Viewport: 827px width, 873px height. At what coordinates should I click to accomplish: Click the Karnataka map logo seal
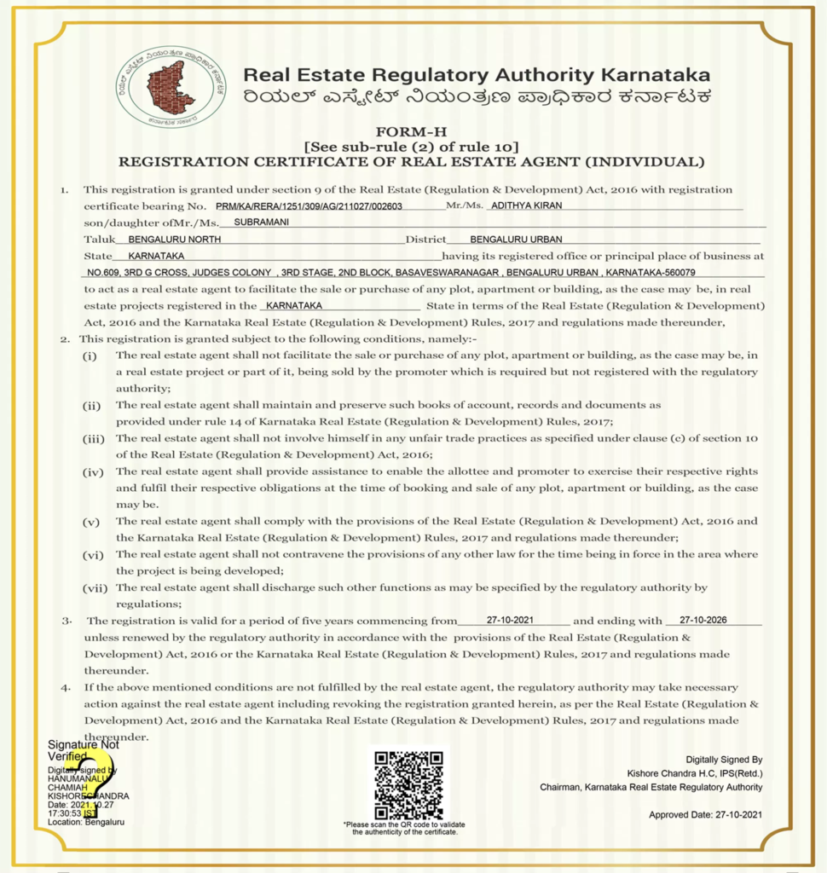(171, 87)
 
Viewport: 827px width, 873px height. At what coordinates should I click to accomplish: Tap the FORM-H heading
(413, 132)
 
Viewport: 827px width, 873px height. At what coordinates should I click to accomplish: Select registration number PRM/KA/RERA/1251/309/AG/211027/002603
(309, 206)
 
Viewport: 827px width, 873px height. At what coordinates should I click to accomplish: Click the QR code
(409, 783)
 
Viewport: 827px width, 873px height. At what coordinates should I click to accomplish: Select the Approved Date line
(705, 815)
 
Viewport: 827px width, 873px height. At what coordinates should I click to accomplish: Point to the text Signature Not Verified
(83, 750)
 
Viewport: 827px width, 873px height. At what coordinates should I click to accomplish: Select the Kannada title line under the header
(476, 97)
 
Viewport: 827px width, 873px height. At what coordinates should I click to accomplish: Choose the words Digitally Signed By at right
(724, 760)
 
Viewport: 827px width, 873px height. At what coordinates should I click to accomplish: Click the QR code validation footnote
(405, 828)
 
